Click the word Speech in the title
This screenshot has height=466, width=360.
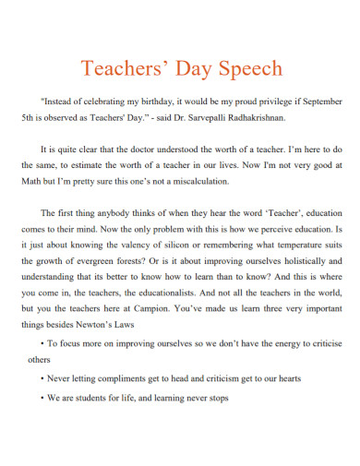click(249, 70)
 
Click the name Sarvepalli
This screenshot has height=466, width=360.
click(204, 118)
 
